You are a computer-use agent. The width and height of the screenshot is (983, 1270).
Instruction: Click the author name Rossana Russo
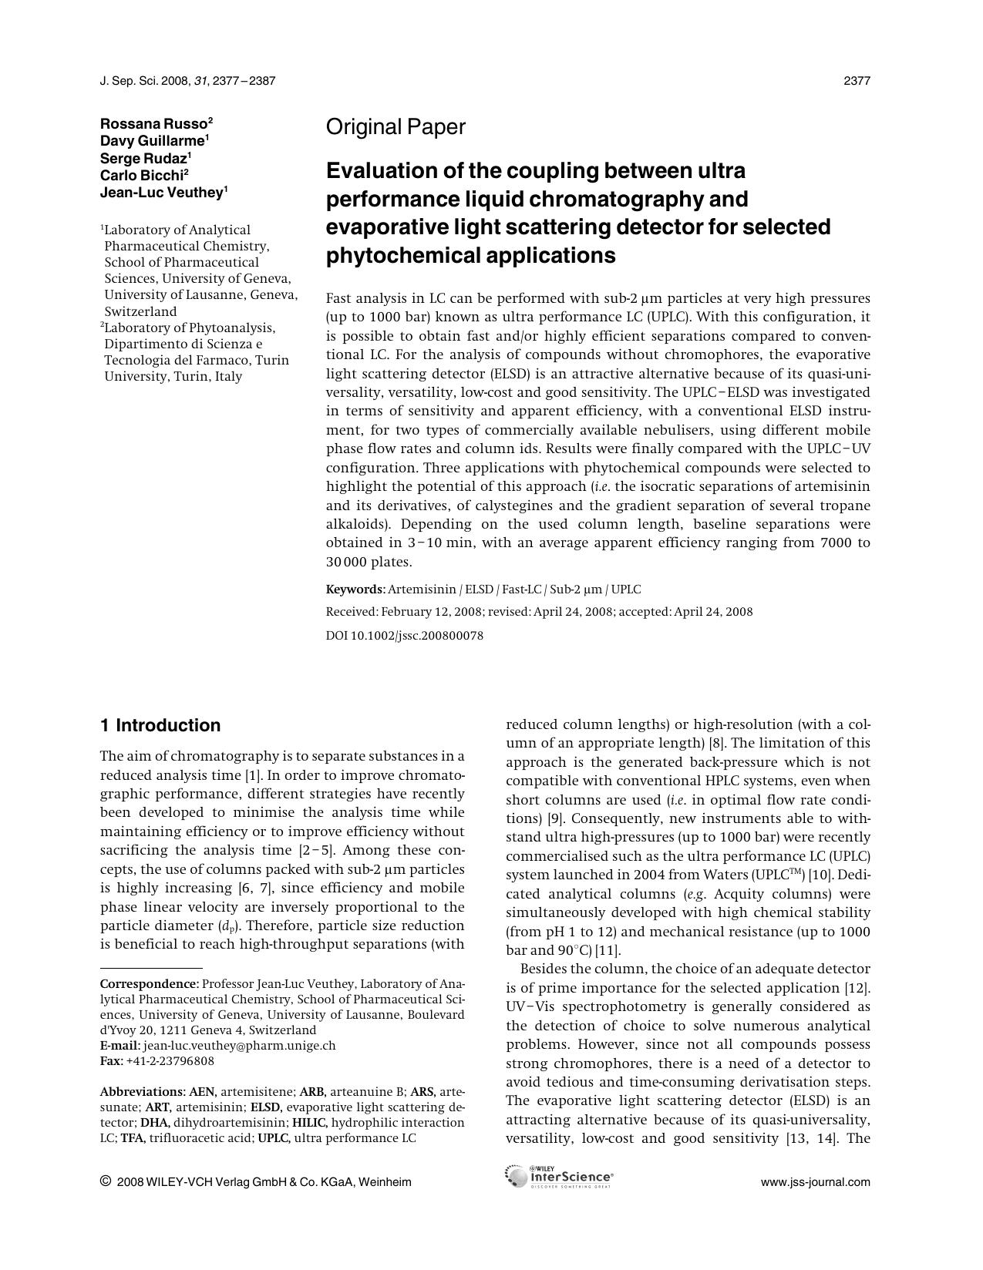[153, 123]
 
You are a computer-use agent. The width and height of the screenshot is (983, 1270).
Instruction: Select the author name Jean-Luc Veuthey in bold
[161, 193]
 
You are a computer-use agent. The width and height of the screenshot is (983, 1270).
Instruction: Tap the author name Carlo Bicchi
[141, 175]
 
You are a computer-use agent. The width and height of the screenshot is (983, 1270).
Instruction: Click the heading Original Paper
[396, 127]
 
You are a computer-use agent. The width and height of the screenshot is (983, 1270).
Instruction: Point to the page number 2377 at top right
[857, 81]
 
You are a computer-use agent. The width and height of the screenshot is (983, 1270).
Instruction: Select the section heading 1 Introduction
[160, 725]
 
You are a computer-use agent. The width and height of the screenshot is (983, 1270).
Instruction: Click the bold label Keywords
[354, 590]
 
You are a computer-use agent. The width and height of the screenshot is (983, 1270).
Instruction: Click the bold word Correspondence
[149, 984]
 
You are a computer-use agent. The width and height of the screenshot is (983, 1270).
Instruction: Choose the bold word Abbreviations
[143, 1092]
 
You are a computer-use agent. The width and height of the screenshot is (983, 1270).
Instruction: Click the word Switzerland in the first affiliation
[140, 312]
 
